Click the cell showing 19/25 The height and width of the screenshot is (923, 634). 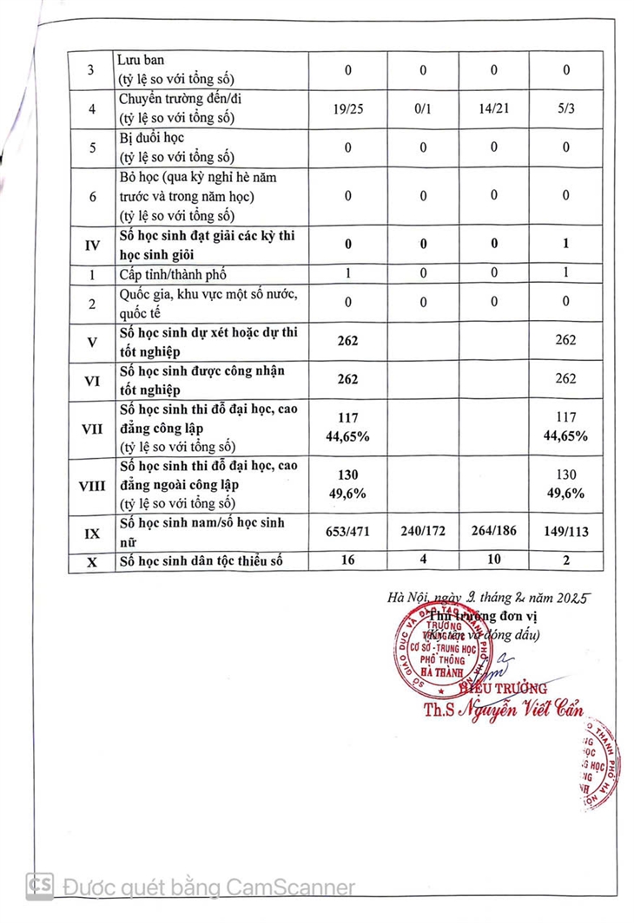(347, 111)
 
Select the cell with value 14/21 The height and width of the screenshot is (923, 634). (493, 111)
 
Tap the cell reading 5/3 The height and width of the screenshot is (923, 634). (565, 111)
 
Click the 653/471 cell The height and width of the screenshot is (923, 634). (347, 532)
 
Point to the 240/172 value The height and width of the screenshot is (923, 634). (423, 532)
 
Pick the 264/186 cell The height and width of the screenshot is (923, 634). (493, 532)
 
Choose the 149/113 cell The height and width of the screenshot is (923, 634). (565, 532)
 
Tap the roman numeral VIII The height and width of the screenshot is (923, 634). (91, 486)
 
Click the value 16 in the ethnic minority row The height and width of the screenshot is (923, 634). (347, 560)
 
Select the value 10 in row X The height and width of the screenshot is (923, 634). (493, 560)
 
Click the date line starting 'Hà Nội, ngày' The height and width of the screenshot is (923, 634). (488, 598)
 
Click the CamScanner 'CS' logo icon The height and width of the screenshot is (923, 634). (41, 886)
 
